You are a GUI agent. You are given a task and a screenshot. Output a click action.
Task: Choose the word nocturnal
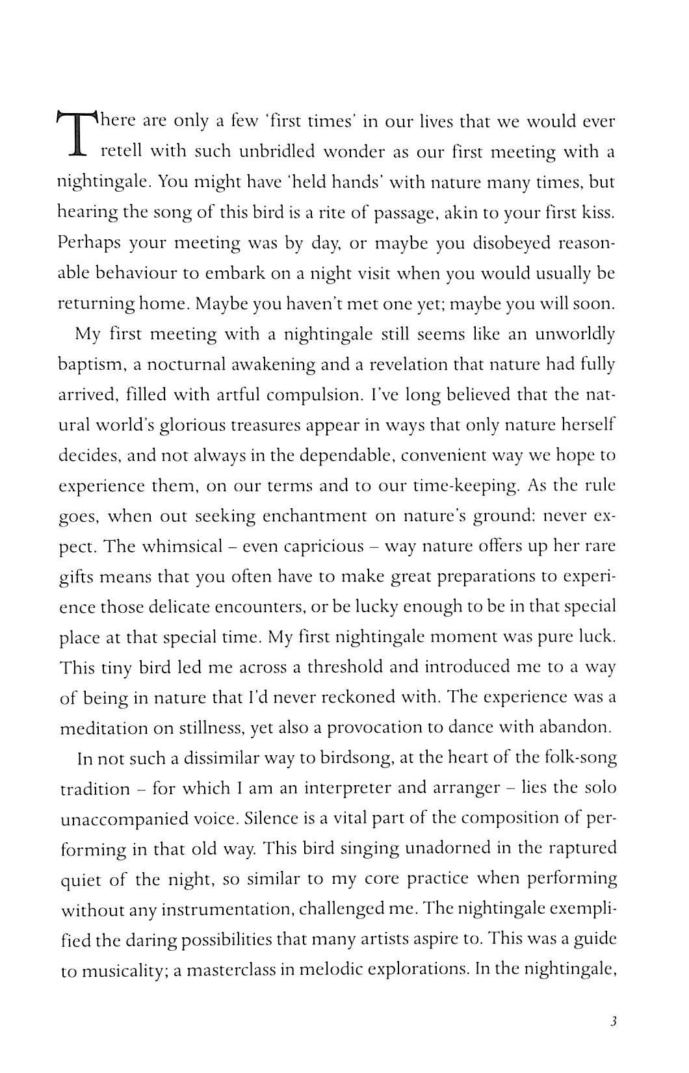(x=186, y=364)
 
